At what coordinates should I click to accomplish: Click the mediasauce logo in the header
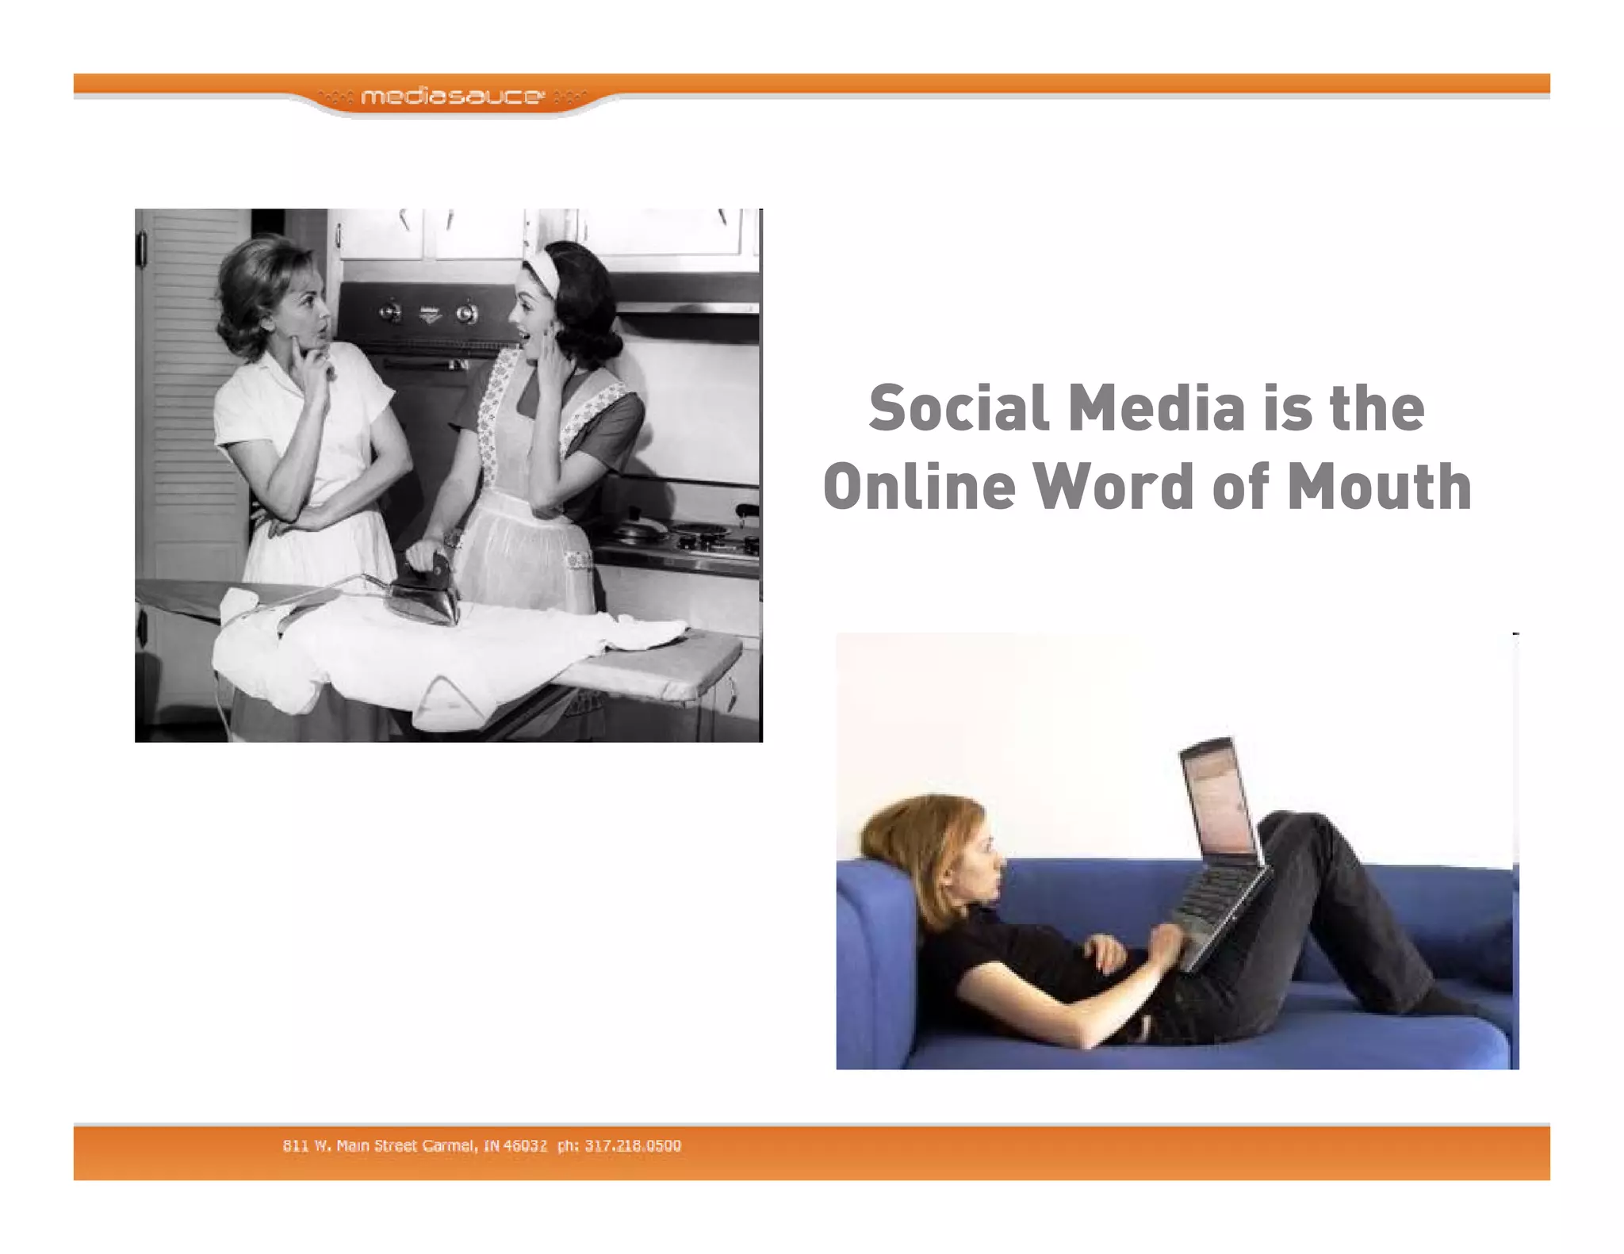pyautogui.click(x=452, y=97)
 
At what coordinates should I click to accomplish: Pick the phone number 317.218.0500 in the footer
pyautogui.click(x=633, y=1145)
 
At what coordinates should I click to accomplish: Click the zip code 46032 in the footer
pyautogui.click(x=525, y=1145)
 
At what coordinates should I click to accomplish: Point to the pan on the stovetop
pyautogui.click(x=641, y=527)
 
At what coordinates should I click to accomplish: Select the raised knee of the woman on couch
pyautogui.click(x=1300, y=832)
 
